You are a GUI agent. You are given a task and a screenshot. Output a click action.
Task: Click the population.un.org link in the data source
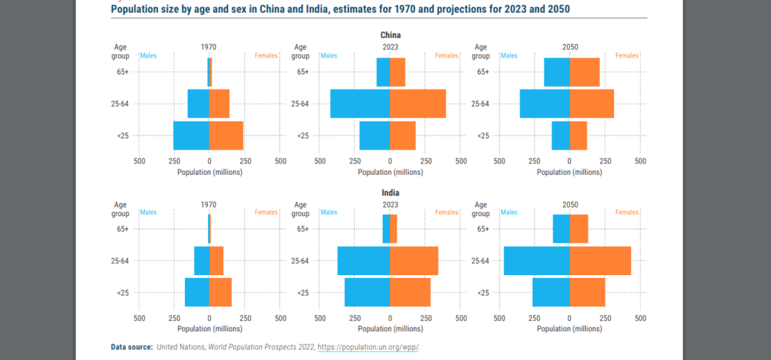(x=368, y=347)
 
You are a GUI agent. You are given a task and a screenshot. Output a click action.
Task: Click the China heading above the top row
(x=390, y=35)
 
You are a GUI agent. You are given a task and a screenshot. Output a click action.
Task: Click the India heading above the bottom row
(x=390, y=192)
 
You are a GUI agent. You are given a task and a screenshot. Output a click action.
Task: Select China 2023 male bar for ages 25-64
(x=360, y=104)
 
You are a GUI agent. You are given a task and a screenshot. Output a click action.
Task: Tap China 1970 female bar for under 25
(x=226, y=135)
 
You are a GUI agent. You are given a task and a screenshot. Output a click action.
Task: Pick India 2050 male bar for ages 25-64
(x=536, y=260)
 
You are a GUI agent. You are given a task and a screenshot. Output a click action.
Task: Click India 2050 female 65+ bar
(x=579, y=229)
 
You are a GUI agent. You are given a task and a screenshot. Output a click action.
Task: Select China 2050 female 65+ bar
(x=585, y=72)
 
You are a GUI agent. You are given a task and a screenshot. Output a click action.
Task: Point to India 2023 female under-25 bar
(x=410, y=292)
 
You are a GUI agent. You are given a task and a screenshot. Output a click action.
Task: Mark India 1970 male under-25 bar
(x=197, y=292)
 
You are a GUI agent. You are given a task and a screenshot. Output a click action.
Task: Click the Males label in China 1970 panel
(x=148, y=56)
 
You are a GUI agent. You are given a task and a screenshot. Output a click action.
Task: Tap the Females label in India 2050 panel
(x=626, y=212)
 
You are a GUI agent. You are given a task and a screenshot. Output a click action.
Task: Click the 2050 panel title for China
(x=570, y=47)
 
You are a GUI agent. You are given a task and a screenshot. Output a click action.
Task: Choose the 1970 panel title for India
(x=209, y=204)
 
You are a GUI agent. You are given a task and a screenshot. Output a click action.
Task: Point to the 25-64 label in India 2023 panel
(x=300, y=260)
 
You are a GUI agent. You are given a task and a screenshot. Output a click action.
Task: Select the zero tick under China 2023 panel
(x=389, y=161)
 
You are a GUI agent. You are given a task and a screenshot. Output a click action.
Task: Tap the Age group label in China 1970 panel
(x=121, y=51)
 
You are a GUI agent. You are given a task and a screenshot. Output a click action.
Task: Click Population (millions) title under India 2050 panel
(x=570, y=328)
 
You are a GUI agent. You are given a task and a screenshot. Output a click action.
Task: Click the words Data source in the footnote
(x=132, y=347)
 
